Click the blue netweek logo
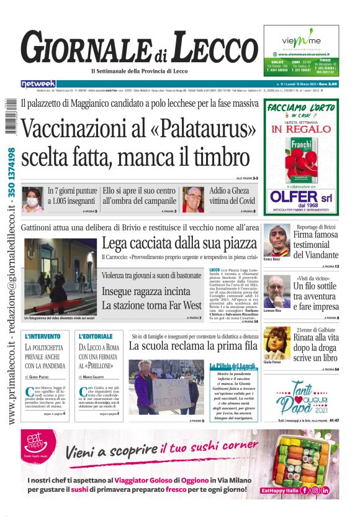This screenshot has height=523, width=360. click(x=38, y=83)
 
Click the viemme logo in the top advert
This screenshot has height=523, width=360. click(x=300, y=41)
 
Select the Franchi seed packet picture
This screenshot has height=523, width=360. click(x=301, y=158)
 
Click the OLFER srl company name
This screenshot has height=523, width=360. click(x=301, y=198)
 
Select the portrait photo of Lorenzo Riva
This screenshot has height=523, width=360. click(x=276, y=289)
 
